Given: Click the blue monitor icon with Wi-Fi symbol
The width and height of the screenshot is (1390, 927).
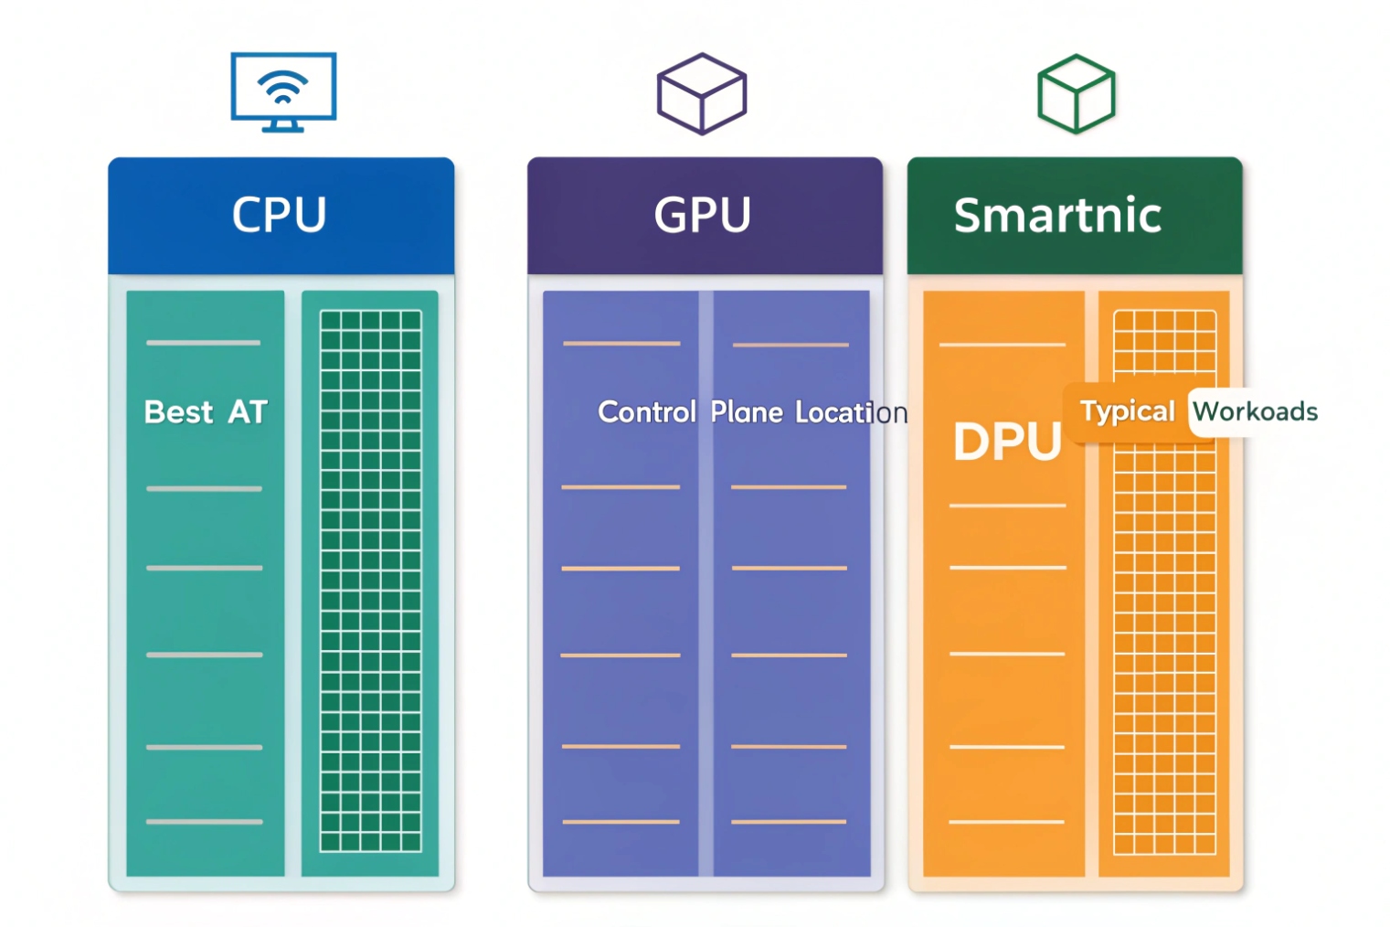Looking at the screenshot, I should (283, 91).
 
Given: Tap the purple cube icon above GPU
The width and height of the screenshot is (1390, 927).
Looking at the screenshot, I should (702, 94).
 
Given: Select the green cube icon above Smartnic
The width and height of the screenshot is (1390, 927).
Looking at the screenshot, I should (1076, 94).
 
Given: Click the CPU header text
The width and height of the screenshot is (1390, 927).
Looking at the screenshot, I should (280, 216).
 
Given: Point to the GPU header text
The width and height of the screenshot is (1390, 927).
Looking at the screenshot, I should (703, 216).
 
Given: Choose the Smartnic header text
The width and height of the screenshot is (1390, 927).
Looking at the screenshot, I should (1057, 216).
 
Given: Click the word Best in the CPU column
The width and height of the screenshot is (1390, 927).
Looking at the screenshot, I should (178, 412).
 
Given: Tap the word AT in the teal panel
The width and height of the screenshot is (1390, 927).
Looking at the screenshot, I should (248, 412).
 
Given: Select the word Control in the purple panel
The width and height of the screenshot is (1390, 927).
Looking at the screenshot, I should (647, 412).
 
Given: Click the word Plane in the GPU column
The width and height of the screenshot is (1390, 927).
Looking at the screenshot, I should (747, 412).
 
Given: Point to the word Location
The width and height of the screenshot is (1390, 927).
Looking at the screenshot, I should (851, 413).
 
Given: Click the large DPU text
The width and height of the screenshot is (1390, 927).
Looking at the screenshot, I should (1007, 442).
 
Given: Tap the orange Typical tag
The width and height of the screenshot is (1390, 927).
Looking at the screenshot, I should (1127, 411).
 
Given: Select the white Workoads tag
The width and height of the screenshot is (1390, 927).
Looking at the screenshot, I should (1255, 411).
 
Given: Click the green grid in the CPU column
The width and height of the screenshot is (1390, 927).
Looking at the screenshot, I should (370, 581).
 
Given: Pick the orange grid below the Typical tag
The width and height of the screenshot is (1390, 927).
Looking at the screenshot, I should (1164, 649).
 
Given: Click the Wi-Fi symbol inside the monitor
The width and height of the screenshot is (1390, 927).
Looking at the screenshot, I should (283, 87).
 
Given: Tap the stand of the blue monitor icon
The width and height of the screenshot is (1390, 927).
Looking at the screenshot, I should (283, 126).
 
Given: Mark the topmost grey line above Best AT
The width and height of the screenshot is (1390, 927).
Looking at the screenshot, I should (204, 343).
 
